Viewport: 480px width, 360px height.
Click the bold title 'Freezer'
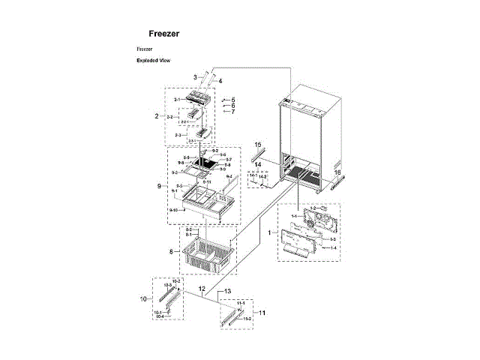point(163,34)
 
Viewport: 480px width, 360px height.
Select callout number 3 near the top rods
point(195,77)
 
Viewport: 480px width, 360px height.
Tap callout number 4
point(220,80)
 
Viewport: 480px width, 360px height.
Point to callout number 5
point(233,100)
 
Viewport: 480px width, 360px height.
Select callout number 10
point(142,298)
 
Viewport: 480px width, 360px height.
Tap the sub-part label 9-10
point(173,210)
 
